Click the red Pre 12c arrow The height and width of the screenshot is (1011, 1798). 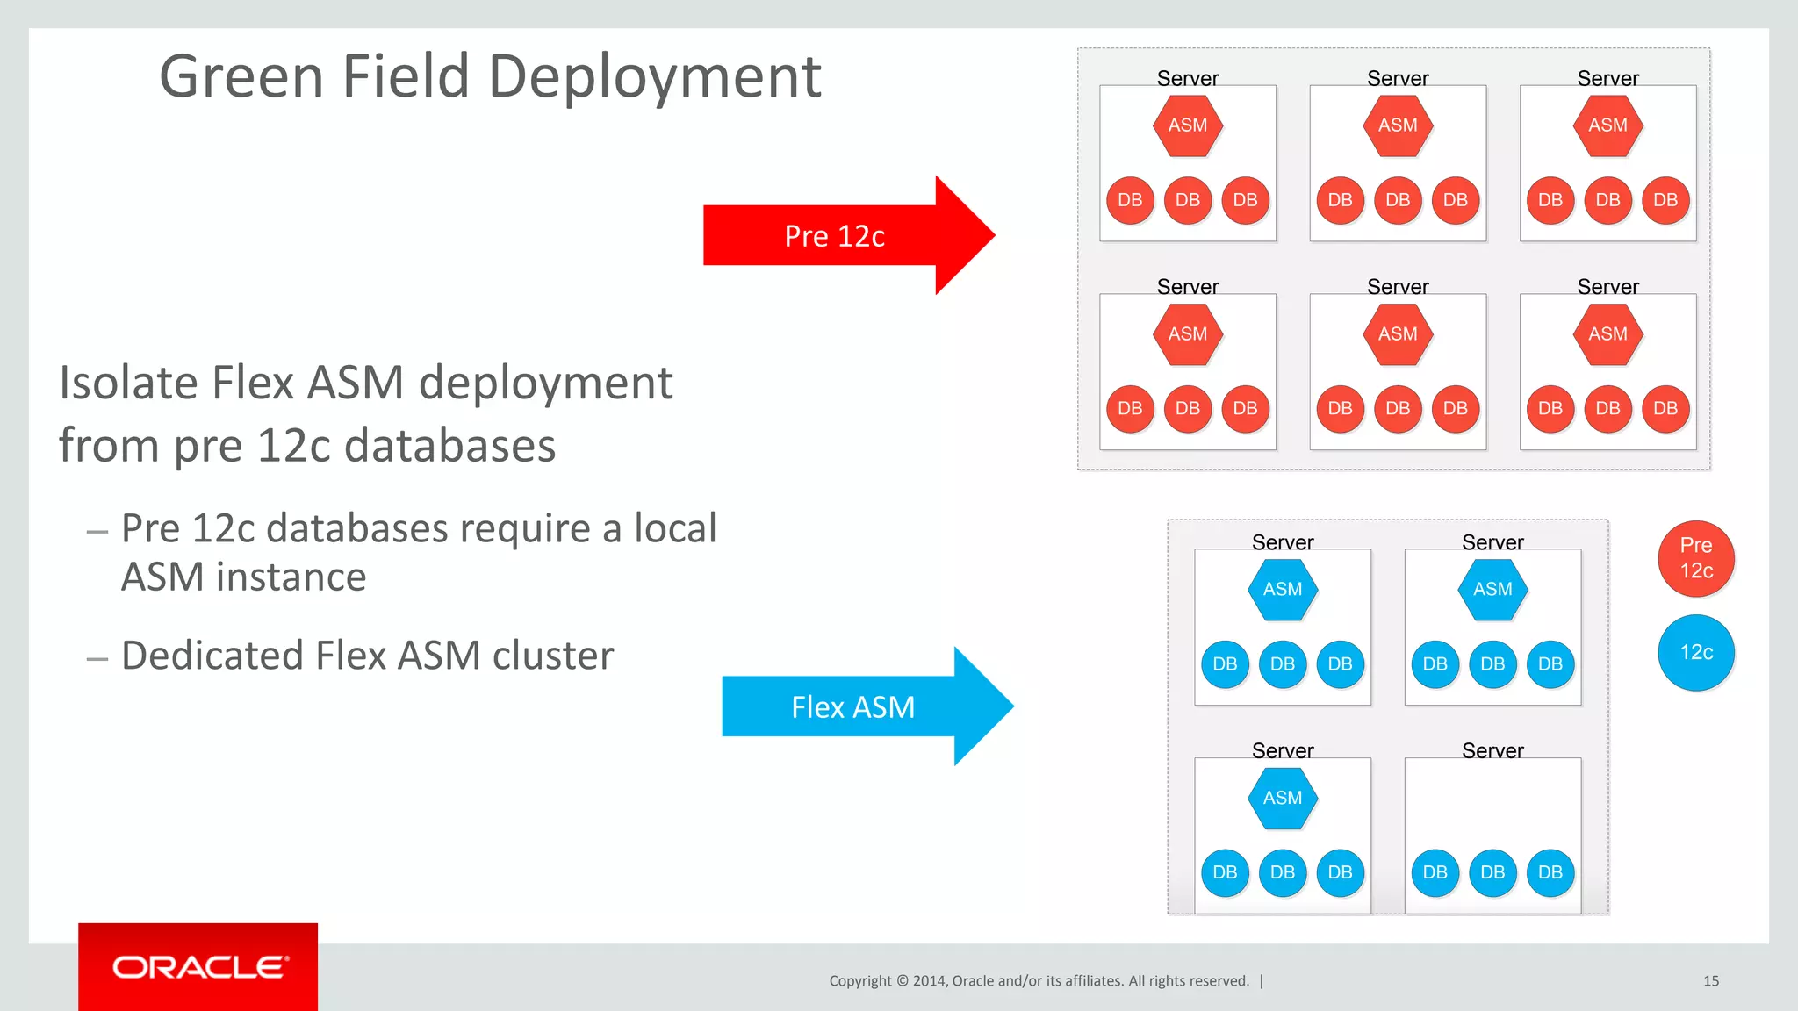coord(834,235)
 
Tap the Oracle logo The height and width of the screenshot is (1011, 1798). coord(198,966)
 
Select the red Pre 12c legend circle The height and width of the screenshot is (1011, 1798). coord(1695,558)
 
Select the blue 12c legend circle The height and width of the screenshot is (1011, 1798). coord(1695,652)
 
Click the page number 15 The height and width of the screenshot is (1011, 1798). coord(1710,980)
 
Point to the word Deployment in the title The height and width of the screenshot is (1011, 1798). coord(654,77)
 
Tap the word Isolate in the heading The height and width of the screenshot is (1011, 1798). coord(128,384)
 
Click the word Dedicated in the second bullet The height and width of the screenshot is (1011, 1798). coord(212,656)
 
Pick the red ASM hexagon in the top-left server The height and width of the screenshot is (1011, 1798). coord(1187,125)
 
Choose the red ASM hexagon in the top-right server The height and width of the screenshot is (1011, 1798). coord(1607,125)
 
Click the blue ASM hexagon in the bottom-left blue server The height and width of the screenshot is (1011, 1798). coord(1282,798)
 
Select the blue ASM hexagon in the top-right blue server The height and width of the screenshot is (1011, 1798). coord(1492,589)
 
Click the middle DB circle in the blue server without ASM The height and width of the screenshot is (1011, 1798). coord(1492,872)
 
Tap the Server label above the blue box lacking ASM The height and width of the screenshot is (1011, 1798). coord(1492,750)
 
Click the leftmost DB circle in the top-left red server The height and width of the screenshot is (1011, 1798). coord(1130,200)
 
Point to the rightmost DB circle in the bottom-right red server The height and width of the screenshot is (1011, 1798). coord(1665,408)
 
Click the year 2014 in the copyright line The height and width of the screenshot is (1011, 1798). coord(929,980)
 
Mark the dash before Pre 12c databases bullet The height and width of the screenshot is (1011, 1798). coord(97,532)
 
